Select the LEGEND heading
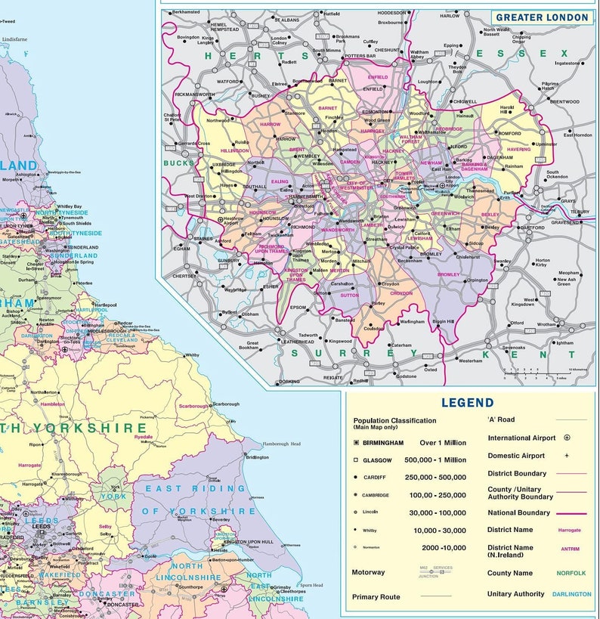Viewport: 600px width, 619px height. pyautogui.click(x=467, y=404)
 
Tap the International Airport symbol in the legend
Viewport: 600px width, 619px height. pyautogui.click(x=567, y=438)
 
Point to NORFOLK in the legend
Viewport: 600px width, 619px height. pyautogui.click(x=571, y=573)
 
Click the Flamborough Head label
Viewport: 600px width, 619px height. pyautogui.click(x=281, y=444)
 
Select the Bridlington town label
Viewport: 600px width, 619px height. pyautogui.click(x=257, y=457)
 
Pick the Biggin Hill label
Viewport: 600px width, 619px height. pyautogui.click(x=443, y=322)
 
